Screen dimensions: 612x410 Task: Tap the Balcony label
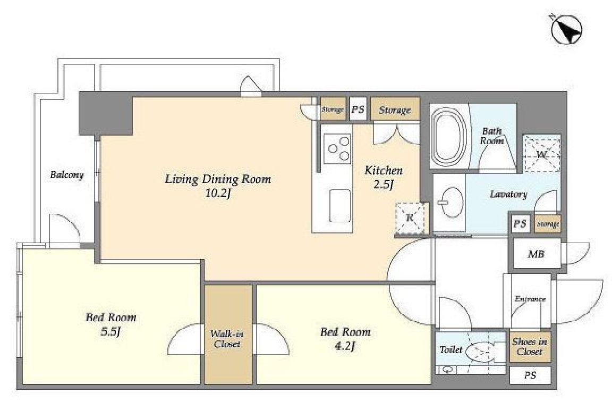pos(67,175)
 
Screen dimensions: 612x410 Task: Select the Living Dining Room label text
pos(218,179)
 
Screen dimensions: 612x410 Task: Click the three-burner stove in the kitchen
pos(338,148)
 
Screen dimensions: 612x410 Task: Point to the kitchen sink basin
pos(340,206)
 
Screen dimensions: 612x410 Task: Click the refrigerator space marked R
pos(410,217)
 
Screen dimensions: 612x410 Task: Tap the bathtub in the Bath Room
pos(449,136)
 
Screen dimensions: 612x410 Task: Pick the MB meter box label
pos(536,254)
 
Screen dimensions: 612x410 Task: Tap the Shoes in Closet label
pos(530,347)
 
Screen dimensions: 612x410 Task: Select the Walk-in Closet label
pos(227,339)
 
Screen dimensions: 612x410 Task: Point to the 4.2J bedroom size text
pos(345,346)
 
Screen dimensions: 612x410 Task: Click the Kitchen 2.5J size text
pos(383,184)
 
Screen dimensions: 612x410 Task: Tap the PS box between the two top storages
pos(358,108)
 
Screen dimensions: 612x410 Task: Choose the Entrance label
pos(530,299)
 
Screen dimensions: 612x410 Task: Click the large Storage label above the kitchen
pos(395,110)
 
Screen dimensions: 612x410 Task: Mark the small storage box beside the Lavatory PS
pos(548,224)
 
